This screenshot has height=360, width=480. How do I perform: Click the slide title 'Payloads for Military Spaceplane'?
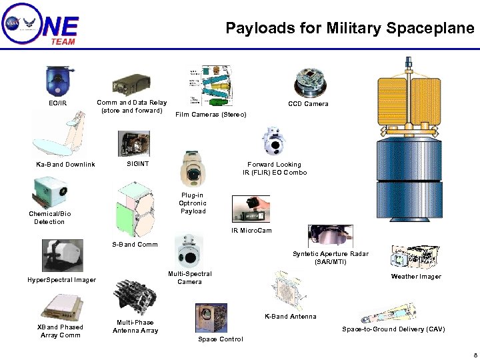349,28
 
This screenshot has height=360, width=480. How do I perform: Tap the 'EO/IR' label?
58,103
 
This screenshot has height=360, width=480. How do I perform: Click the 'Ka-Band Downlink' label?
65,165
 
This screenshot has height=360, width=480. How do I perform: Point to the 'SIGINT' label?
138,164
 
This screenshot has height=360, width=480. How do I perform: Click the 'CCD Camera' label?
308,104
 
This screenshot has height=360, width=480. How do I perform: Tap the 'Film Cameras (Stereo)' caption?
211,115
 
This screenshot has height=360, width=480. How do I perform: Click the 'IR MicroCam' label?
251,231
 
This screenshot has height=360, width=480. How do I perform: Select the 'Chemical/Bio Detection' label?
50,218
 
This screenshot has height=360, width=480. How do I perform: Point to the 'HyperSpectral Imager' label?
61,280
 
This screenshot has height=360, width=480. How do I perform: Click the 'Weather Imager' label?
416,277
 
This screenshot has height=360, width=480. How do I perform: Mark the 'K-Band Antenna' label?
290,317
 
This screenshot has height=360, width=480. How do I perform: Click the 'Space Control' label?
221,339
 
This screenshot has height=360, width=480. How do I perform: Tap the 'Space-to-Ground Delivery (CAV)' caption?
393,329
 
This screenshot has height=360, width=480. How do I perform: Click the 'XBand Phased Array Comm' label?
60,331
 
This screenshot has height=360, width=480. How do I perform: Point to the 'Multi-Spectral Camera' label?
190,278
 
